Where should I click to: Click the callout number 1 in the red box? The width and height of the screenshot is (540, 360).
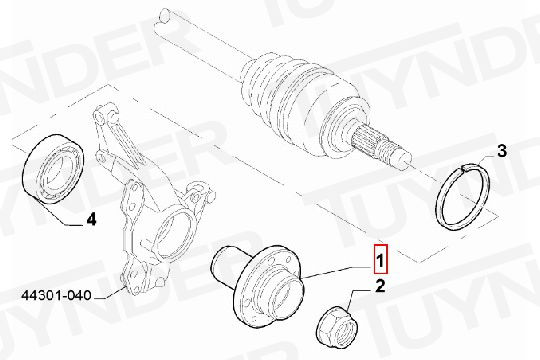point(381,261)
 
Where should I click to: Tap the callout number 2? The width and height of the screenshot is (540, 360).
point(380,286)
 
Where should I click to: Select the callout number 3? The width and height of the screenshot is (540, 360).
point(502,151)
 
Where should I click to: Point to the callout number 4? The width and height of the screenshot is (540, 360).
point(91,219)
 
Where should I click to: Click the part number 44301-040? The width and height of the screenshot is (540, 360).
point(56,295)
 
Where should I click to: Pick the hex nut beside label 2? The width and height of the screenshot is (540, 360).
point(338,327)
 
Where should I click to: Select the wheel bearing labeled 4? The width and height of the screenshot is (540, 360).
point(52,168)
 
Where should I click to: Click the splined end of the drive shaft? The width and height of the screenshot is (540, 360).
point(371,142)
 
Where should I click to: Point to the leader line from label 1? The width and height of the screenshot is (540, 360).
point(336,272)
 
